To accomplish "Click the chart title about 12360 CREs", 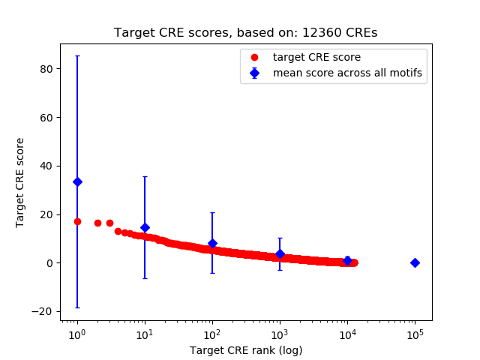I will point(245,33).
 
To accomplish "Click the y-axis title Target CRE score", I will point(21,182).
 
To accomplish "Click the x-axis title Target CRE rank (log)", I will point(246,349).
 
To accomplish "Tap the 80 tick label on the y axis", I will point(46,68).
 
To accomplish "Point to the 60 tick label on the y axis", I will point(46,117).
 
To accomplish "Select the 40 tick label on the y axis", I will point(46,166).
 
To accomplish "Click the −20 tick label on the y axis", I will point(43,311).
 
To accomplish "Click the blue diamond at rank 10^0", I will point(77,181).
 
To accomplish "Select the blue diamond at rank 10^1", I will point(145,227).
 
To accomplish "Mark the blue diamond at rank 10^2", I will point(212,243).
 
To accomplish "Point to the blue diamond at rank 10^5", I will point(415,262).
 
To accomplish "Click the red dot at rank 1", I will point(77,221).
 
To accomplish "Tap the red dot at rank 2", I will point(97,223).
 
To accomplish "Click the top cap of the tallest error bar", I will point(77,55).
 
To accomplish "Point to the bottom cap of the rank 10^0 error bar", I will point(77,307).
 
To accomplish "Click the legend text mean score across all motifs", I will point(347,73).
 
